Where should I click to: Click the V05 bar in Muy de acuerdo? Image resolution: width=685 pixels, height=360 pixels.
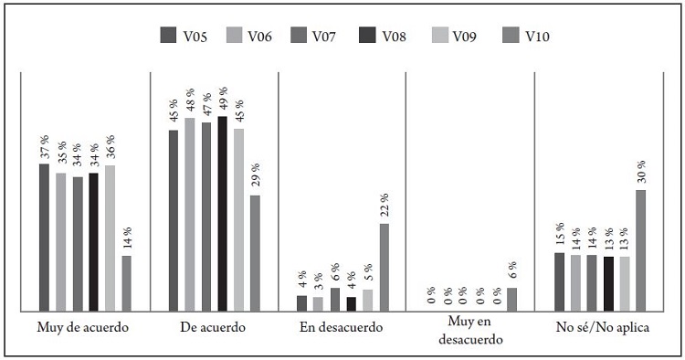pyautogui.click(x=44, y=238)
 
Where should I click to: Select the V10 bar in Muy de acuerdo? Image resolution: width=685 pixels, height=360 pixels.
pyautogui.click(x=126, y=283)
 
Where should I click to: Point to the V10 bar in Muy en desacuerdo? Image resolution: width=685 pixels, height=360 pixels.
pyautogui.click(x=511, y=299)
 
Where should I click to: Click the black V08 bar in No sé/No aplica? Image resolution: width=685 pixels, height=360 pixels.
pyautogui.click(x=608, y=283)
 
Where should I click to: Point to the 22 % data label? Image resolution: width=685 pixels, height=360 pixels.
pyautogui.click(x=384, y=205)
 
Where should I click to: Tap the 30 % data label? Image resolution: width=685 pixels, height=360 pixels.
pyautogui.click(x=641, y=170)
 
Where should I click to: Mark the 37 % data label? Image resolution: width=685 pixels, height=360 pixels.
pyautogui.click(x=44, y=146)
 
